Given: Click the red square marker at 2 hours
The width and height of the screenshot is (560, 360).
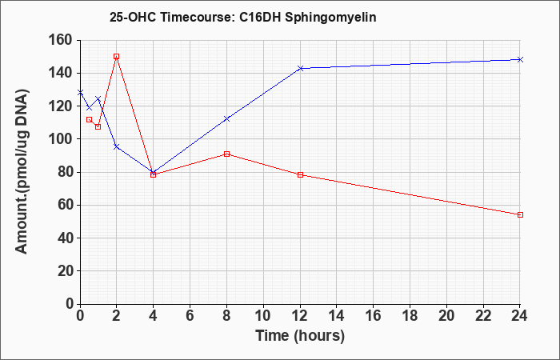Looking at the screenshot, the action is (117, 57).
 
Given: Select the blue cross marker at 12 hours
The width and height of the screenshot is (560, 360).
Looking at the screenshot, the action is (300, 68).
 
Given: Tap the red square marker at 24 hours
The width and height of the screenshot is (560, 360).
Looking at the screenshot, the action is (520, 214).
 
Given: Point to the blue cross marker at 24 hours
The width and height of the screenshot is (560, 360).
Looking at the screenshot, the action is (520, 60).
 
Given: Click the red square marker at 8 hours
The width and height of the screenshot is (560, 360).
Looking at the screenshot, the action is (226, 154).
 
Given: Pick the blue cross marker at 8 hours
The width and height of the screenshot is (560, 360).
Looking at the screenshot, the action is (226, 119).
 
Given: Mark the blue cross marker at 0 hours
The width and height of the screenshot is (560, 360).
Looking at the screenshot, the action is (80, 93).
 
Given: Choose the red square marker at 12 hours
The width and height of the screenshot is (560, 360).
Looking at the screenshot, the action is (300, 174).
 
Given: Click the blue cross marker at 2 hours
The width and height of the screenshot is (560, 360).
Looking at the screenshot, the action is (117, 146).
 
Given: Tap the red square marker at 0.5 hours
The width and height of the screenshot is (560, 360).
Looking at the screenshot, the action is (90, 120).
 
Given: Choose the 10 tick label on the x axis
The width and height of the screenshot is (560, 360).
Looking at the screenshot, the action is (263, 316).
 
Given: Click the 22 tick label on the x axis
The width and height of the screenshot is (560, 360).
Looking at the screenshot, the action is (483, 316).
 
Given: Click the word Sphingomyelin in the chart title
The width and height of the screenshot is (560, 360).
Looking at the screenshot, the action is (330, 18).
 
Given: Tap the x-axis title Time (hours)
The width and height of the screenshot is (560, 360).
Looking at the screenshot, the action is (300, 336).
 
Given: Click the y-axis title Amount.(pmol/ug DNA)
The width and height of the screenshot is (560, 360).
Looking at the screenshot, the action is (22, 171).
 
